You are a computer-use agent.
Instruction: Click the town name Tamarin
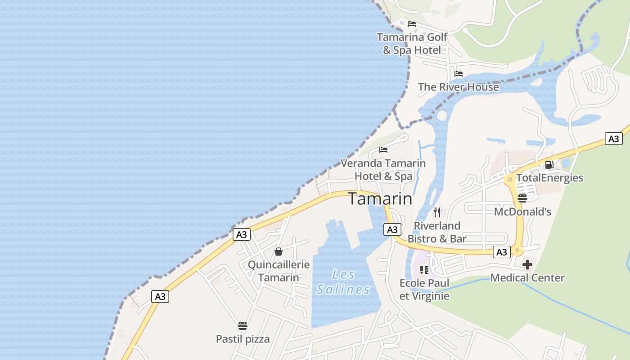click(380, 198)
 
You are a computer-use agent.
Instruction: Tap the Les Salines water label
click(343, 282)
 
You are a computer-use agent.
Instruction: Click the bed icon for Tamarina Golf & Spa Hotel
click(411, 24)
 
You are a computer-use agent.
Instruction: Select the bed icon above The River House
click(459, 74)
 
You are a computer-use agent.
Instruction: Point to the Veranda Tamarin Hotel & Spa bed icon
click(383, 149)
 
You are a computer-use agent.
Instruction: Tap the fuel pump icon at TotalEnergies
click(549, 165)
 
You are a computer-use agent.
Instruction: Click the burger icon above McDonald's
click(522, 198)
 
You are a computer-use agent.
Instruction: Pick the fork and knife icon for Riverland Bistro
click(437, 212)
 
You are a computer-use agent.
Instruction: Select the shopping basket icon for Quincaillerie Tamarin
click(279, 251)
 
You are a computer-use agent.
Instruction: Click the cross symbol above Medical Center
click(527, 264)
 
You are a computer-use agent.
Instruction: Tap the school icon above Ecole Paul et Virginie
click(424, 270)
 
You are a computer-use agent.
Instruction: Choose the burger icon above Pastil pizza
click(243, 325)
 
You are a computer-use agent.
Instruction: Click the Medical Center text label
click(527, 278)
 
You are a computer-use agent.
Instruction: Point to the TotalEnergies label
click(549, 178)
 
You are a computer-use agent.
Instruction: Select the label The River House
click(459, 87)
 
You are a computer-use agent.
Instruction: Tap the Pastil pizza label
click(243, 339)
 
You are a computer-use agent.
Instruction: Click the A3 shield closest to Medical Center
click(502, 252)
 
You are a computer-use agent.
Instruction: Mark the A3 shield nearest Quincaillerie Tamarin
click(242, 234)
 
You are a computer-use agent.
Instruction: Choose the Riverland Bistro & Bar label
click(437, 232)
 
